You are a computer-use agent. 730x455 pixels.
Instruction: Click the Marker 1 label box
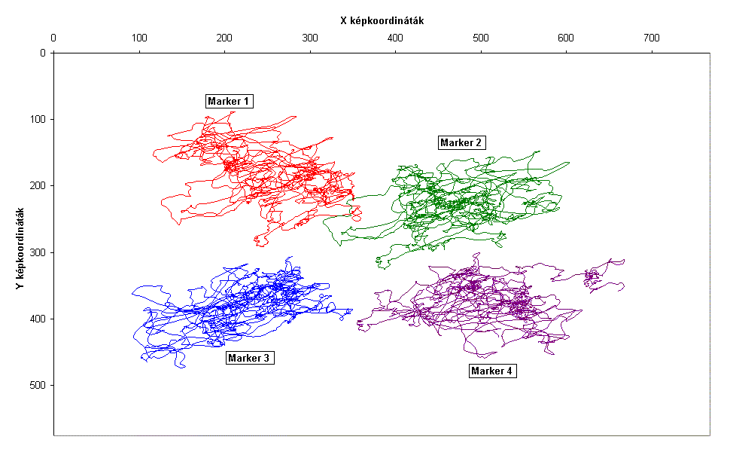pyautogui.click(x=229, y=102)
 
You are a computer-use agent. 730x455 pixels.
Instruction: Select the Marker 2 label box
pyautogui.click(x=461, y=142)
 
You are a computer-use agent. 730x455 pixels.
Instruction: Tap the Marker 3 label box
pyautogui.click(x=248, y=358)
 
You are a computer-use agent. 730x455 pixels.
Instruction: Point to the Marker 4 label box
pyautogui.click(x=493, y=371)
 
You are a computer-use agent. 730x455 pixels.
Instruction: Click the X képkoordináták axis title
pyautogui.click(x=382, y=21)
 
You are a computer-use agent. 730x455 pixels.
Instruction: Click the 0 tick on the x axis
pyautogui.click(x=53, y=37)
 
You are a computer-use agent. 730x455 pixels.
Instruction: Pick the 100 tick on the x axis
pyautogui.click(x=139, y=37)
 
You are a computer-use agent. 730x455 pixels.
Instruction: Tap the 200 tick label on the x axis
pyautogui.click(x=224, y=37)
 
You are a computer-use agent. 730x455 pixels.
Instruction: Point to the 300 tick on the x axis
pyautogui.click(x=310, y=37)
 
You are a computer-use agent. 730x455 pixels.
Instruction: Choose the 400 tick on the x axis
pyautogui.click(x=395, y=37)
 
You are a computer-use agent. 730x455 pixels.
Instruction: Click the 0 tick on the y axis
pyautogui.click(x=42, y=53)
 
